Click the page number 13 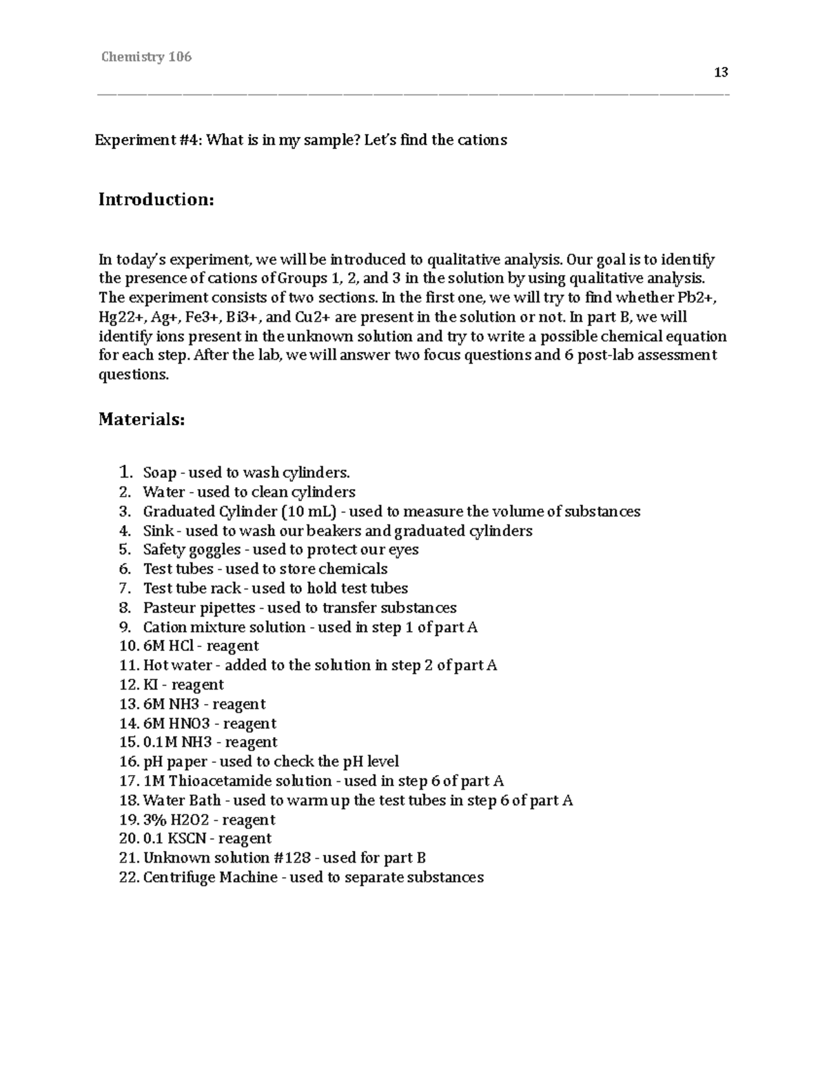[x=721, y=72]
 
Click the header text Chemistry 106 [x=146, y=57]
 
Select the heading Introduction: [x=156, y=200]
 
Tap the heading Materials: [x=141, y=419]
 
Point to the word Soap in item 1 [x=159, y=473]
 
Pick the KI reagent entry [x=150, y=685]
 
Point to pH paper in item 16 [x=174, y=762]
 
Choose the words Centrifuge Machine [x=210, y=877]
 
